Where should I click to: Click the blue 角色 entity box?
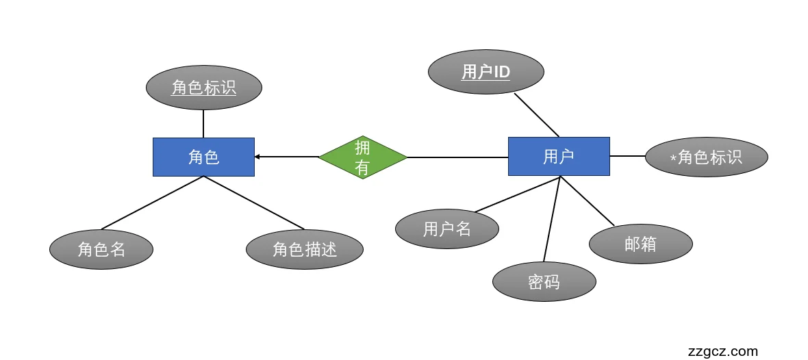(203, 157)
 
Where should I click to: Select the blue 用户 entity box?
(559, 156)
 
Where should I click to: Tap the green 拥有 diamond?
(363, 157)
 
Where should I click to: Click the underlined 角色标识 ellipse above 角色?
(204, 88)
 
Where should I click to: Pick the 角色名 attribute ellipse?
(101, 249)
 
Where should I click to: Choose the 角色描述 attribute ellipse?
(305, 249)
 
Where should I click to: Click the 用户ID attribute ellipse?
(486, 72)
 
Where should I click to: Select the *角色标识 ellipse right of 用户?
(707, 157)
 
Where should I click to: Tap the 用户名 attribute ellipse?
(447, 229)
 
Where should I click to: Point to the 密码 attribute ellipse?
(544, 281)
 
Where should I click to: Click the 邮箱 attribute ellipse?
(641, 244)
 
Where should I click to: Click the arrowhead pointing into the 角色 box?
(257, 157)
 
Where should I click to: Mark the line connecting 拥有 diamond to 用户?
(457, 157)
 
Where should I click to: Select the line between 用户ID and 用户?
(537, 115)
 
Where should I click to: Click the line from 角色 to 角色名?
(152, 203)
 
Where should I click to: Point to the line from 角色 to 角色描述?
(254, 203)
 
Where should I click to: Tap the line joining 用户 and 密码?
(552, 219)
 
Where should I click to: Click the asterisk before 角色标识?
(673, 159)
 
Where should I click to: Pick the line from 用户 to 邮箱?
(588, 201)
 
